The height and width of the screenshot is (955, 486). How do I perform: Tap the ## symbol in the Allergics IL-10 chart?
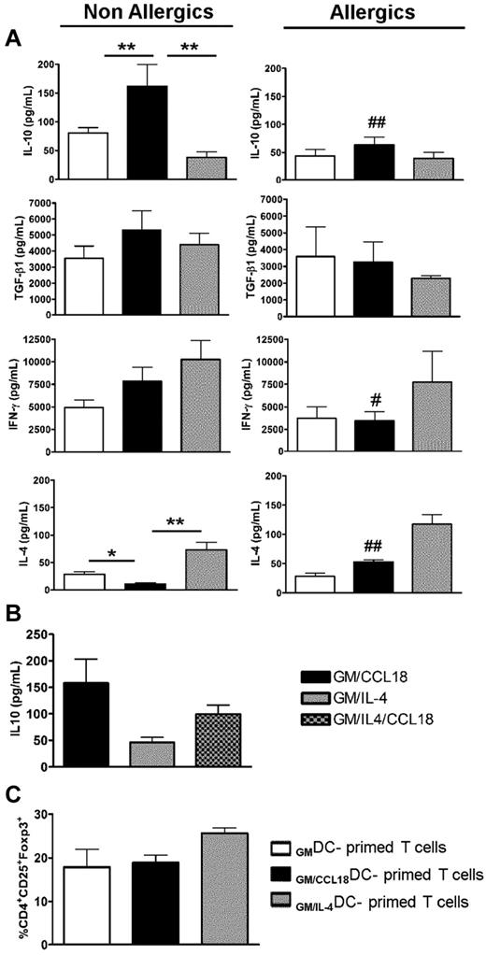pyautogui.click(x=378, y=123)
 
